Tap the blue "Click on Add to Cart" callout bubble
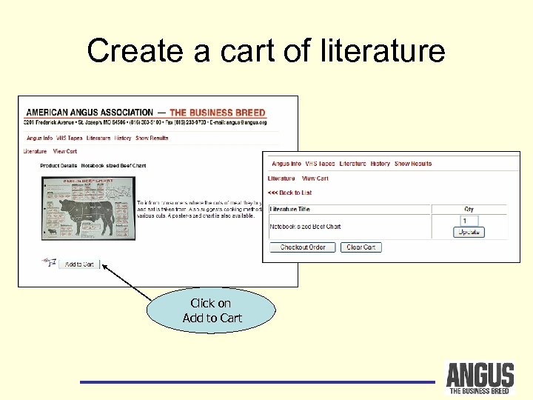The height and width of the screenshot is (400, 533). [211, 310]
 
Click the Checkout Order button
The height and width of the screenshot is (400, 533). [303, 247]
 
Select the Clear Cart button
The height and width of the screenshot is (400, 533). [361, 247]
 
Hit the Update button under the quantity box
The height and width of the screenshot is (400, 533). [469, 232]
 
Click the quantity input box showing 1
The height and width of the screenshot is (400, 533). [469, 221]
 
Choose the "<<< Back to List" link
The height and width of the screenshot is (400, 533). [289, 193]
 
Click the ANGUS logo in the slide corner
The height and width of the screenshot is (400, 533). [479, 378]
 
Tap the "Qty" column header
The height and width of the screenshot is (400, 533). [469, 210]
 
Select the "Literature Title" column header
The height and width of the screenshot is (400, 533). [290, 210]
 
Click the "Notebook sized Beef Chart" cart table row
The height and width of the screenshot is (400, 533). [305, 227]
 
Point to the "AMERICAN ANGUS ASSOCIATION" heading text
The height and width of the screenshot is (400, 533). [89, 113]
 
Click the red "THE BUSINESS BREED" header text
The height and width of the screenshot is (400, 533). [218, 113]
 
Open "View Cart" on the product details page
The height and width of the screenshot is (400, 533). [65, 151]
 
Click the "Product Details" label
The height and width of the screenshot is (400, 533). [58, 166]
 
